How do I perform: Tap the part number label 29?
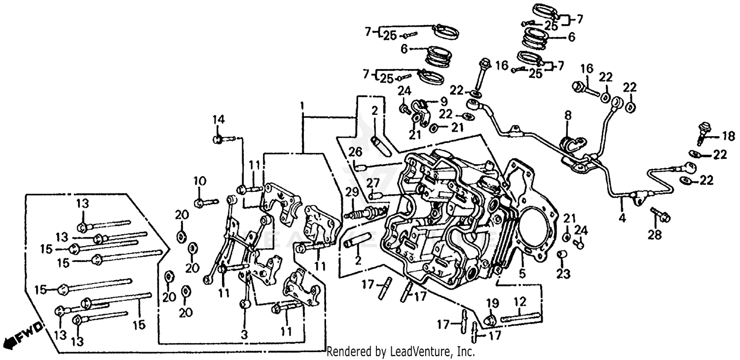[351, 192]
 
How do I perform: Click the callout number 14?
[219, 119]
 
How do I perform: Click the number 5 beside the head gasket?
[521, 272]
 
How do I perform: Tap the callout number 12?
[520, 301]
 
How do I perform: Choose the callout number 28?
[655, 236]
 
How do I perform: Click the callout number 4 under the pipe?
[622, 217]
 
